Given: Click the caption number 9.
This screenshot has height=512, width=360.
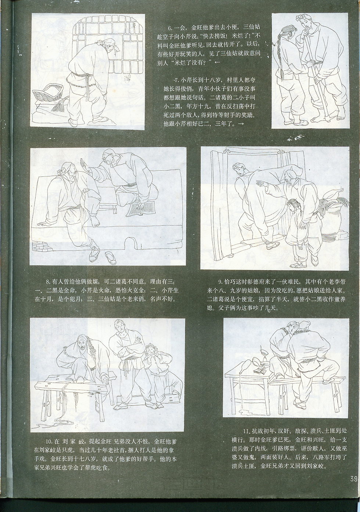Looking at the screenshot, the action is [220, 282].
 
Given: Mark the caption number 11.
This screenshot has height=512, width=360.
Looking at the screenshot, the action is [246, 431].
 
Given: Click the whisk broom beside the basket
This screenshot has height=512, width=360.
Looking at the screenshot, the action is [60, 104].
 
